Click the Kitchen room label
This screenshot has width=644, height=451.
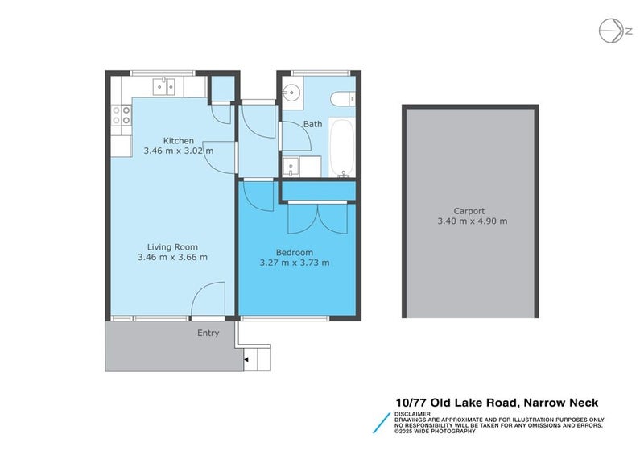click(x=178, y=141)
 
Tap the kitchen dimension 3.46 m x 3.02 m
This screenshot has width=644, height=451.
click(x=178, y=151)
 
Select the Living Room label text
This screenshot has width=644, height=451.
click(x=172, y=247)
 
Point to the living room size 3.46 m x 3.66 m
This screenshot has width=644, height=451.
click(x=172, y=258)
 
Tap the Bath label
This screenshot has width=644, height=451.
click(x=312, y=124)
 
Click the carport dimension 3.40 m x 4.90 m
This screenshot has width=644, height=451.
click(x=472, y=221)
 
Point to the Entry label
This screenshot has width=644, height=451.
click(x=208, y=333)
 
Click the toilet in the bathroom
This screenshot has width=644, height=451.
click(x=341, y=99)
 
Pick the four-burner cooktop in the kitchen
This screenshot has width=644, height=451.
click(x=121, y=115)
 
